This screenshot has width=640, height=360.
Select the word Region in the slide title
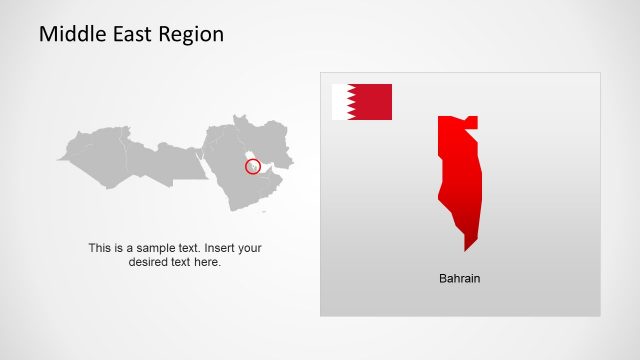(x=191, y=35)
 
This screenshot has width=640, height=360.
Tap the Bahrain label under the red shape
(x=460, y=278)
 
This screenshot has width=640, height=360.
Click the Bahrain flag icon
(x=362, y=102)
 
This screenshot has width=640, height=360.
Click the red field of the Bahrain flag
(x=372, y=102)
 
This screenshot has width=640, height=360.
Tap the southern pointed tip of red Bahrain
(x=466, y=248)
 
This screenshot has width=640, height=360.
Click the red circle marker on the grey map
(x=253, y=166)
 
